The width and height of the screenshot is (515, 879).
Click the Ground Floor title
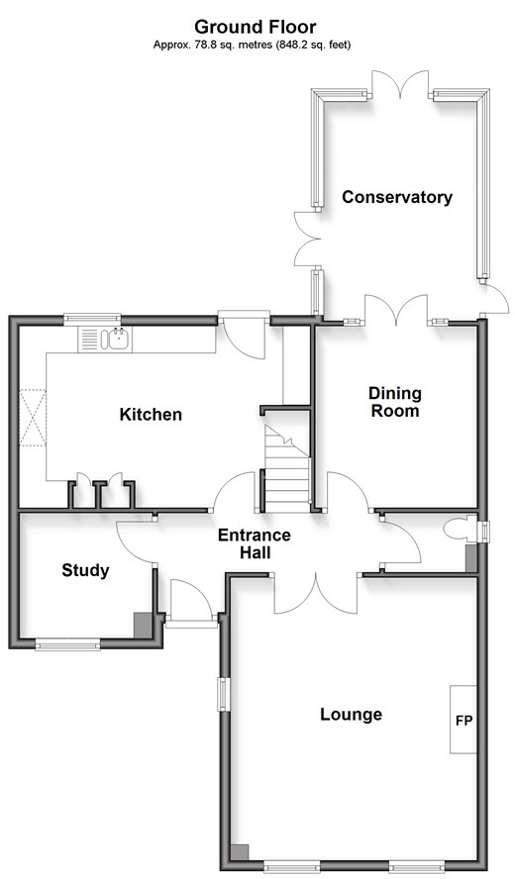[256, 27]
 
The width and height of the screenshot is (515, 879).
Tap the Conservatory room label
[396, 197]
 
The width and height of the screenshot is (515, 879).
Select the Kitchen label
[151, 415]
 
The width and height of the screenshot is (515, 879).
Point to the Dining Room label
[395, 402]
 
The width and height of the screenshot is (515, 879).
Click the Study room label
[85, 571]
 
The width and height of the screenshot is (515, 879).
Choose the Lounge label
[352, 715]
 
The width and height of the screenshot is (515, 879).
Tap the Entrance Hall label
[255, 543]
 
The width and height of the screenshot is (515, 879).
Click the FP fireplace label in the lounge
[463, 721]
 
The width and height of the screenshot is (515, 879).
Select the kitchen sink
[119, 340]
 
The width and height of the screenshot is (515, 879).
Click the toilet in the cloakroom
[459, 531]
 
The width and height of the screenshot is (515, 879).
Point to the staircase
[287, 468]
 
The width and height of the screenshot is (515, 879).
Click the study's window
[67, 645]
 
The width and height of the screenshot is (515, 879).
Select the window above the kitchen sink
[92, 319]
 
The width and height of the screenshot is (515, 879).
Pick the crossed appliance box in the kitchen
[33, 418]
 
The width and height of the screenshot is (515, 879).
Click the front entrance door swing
[191, 600]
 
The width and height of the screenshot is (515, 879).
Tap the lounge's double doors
[316, 593]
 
